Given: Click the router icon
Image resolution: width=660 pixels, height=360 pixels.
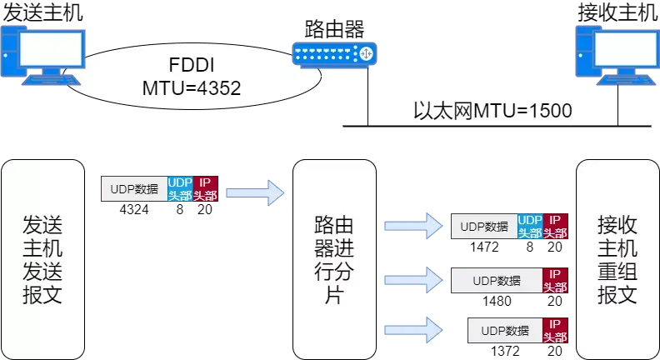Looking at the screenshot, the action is click(x=334, y=54).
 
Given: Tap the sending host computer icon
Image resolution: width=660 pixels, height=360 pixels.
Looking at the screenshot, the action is click(x=43, y=56).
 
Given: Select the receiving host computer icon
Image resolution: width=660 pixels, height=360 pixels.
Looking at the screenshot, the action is click(x=617, y=56).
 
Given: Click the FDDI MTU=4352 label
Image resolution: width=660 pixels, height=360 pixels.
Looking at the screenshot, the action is click(x=192, y=77).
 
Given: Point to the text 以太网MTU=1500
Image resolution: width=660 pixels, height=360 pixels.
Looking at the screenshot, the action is click(x=492, y=111).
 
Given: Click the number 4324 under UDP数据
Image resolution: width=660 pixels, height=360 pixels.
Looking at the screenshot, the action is click(x=134, y=209).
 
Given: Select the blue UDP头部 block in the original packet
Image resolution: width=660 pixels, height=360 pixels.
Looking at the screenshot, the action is click(x=180, y=188).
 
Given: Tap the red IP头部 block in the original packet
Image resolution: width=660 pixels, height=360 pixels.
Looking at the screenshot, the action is click(x=205, y=188).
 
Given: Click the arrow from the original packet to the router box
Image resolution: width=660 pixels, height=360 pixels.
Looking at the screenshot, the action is click(x=255, y=192).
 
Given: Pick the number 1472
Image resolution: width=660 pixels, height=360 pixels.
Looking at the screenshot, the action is click(x=484, y=247).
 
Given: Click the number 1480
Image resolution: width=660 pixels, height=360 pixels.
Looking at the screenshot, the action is click(x=497, y=301).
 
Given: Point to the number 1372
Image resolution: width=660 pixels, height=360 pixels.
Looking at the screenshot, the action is click(x=505, y=351).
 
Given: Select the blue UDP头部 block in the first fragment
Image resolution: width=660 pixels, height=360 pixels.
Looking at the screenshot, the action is click(x=530, y=226).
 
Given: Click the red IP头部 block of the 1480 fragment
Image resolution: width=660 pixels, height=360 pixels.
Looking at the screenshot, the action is click(x=556, y=281).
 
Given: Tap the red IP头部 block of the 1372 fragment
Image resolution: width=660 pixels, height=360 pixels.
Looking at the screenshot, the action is click(x=556, y=330).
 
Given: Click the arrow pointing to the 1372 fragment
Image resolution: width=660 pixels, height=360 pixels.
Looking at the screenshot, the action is click(x=413, y=330).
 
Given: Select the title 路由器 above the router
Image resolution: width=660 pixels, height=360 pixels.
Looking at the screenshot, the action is click(x=334, y=29).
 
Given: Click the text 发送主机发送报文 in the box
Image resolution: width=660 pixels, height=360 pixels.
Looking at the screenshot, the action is click(x=42, y=260).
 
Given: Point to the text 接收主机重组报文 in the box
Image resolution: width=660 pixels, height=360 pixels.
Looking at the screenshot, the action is click(x=617, y=260).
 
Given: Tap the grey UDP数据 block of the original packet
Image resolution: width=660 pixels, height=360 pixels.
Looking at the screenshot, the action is click(x=134, y=188).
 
